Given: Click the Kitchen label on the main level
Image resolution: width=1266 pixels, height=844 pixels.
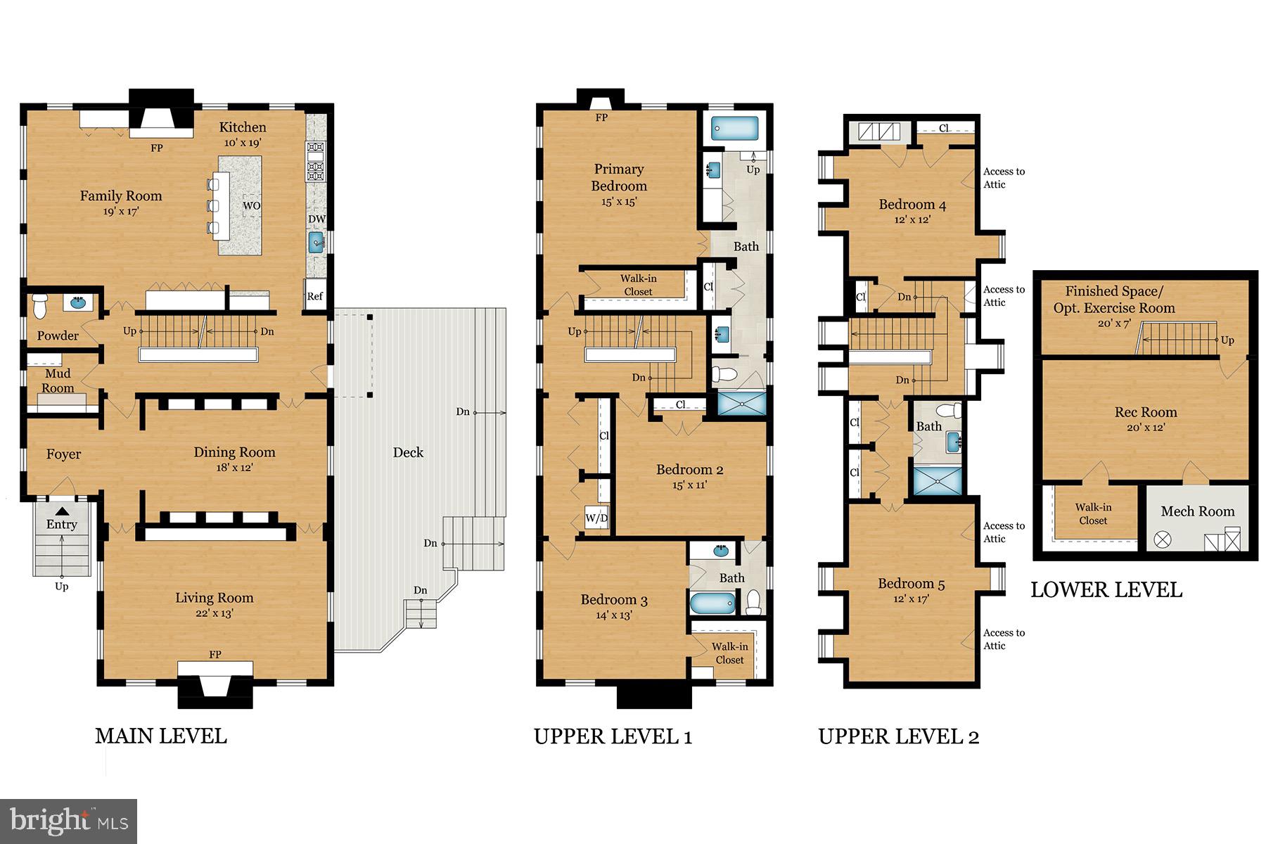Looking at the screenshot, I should click(x=243, y=127).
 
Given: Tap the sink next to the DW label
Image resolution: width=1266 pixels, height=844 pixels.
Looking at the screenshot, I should click(x=317, y=243).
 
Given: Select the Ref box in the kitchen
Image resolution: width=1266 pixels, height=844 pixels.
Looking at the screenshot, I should click(x=314, y=296).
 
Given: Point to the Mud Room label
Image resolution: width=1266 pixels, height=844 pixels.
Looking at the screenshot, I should click(x=58, y=381).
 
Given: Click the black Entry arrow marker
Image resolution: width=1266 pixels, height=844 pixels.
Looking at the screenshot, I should click(x=62, y=511).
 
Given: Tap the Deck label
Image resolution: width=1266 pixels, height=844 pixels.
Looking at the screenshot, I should click(x=408, y=452).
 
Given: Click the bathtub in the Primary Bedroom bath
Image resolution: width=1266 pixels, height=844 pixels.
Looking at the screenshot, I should click(x=734, y=128).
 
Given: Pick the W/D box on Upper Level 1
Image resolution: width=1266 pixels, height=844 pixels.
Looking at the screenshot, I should click(x=596, y=518).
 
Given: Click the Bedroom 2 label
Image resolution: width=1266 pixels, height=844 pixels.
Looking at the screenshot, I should click(x=689, y=469).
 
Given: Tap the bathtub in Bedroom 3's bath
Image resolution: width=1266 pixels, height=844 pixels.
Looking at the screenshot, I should click(x=712, y=603).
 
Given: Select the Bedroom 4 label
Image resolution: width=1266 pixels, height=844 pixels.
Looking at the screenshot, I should click(x=912, y=205).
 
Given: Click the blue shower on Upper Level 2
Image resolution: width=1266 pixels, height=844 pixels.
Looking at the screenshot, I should click(x=936, y=478).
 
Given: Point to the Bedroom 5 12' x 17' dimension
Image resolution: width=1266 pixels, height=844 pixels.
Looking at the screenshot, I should click(x=911, y=599).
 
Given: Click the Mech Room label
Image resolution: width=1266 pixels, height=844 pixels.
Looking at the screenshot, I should click(x=1197, y=511).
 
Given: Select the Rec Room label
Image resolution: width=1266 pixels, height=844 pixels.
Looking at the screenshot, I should click(x=1145, y=412).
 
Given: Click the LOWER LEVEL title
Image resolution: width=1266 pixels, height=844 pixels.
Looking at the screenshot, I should click(x=1106, y=589).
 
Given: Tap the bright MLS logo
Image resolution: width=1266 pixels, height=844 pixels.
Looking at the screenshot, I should click(x=69, y=821).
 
